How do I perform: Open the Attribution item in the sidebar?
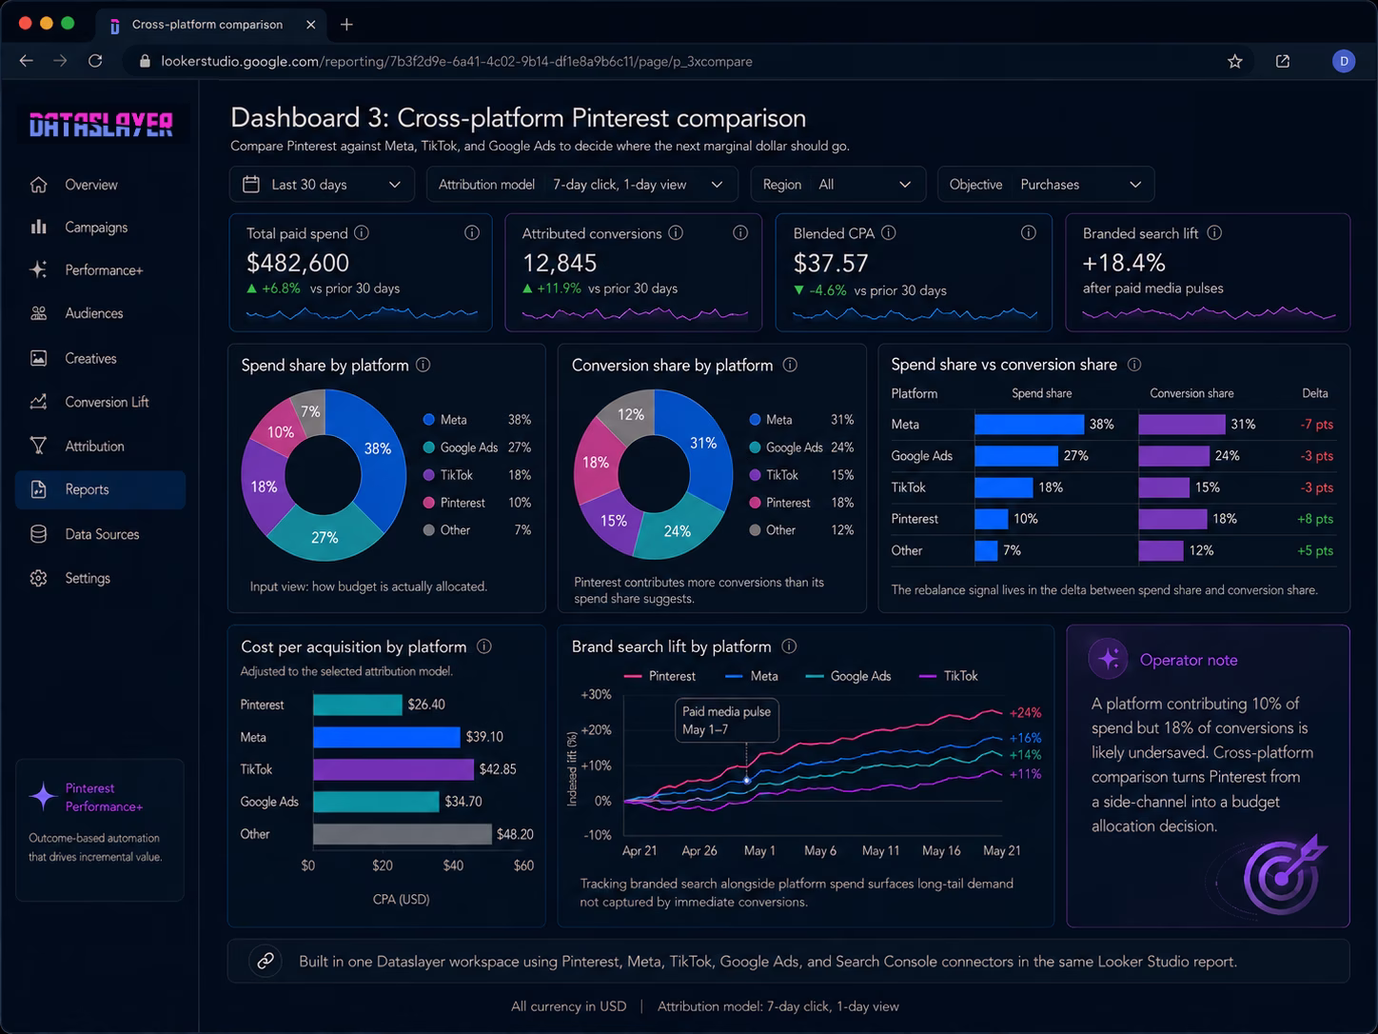(94, 446)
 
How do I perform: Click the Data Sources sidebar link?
(102, 534)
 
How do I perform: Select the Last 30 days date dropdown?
(322, 185)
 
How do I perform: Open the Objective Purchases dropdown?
(1045, 185)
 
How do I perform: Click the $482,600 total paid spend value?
(298, 263)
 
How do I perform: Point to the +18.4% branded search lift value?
(1124, 263)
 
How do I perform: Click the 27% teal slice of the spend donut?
(325, 533)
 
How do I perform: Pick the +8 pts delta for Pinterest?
(1314, 519)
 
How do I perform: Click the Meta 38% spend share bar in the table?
(1029, 425)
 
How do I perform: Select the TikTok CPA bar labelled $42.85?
(393, 769)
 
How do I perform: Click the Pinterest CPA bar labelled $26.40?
(357, 705)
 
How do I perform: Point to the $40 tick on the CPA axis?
(453, 865)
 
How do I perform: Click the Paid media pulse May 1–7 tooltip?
(726, 720)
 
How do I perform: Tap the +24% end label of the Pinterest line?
(1025, 712)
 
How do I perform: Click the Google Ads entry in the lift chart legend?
(848, 676)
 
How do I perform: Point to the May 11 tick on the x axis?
(880, 850)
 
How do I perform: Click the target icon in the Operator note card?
(1283, 875)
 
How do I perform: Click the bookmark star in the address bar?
(1234, 62)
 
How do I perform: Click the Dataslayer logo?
(101, 125)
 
